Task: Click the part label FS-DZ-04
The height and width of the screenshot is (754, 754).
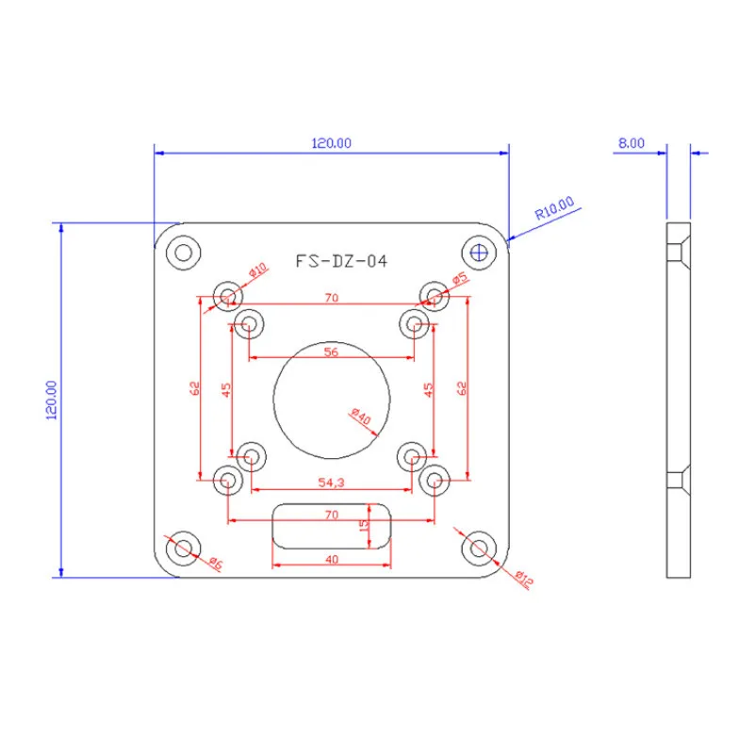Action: coord(341,261)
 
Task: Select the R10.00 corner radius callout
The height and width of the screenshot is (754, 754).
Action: coord(554,207)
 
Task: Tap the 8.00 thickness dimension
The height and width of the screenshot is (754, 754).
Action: coord(631,143)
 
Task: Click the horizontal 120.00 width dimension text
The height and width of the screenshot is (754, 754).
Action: coord(332,143)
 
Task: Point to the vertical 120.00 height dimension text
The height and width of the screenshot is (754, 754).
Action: coord(52,400)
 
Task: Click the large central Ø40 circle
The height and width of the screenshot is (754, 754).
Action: coord(273,399)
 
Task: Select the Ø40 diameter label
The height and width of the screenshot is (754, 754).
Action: coord(361,416)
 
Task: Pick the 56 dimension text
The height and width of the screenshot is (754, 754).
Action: coord(331,352)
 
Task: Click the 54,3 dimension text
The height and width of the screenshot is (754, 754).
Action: coord(332,483)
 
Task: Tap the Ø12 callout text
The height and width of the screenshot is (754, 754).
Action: coord(524,579)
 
